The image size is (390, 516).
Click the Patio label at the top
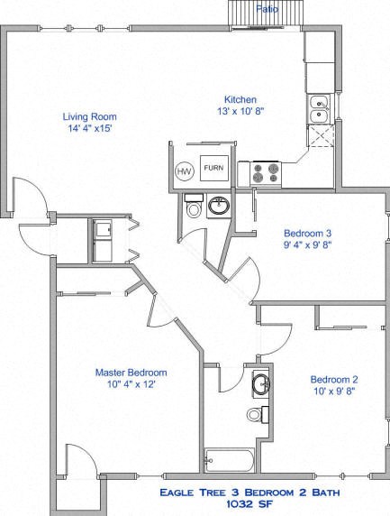[x=266, y=7]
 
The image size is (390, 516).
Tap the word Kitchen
[x=240, y=99]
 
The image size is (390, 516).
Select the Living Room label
[x=89, y=116]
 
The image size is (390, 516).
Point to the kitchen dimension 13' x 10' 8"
[x=240, y=112]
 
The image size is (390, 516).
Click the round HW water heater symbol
[x=184, y=170]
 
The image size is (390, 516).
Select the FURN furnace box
[x=213, y=169]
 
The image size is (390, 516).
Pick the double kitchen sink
[x=318, y=109]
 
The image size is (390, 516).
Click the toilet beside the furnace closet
[x=193, y=210]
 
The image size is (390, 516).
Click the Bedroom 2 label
[x=334, y=379]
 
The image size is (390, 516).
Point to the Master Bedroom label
[x=131, y=372]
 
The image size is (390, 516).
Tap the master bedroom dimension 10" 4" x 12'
[x=131, y=385]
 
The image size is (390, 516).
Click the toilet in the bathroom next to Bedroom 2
[x=256, y=415]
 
